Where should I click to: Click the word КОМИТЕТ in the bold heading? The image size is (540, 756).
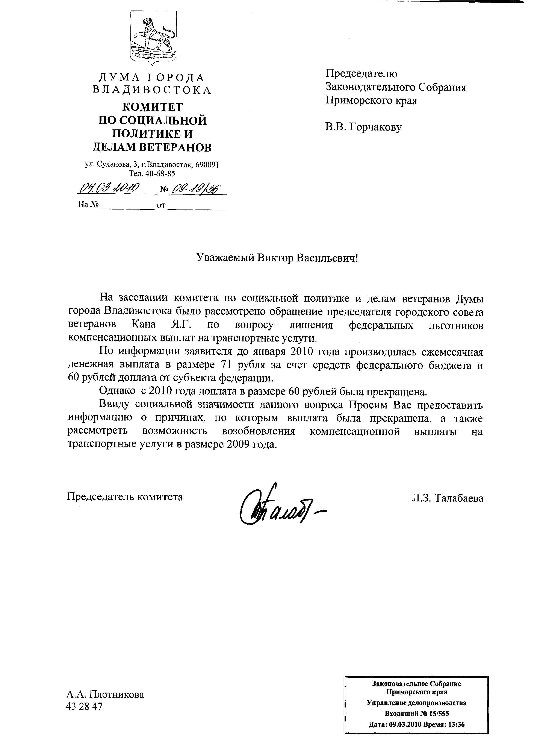(153, 107)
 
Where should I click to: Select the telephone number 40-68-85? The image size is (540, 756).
(161, 173)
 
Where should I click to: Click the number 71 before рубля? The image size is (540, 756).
(227, 365)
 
